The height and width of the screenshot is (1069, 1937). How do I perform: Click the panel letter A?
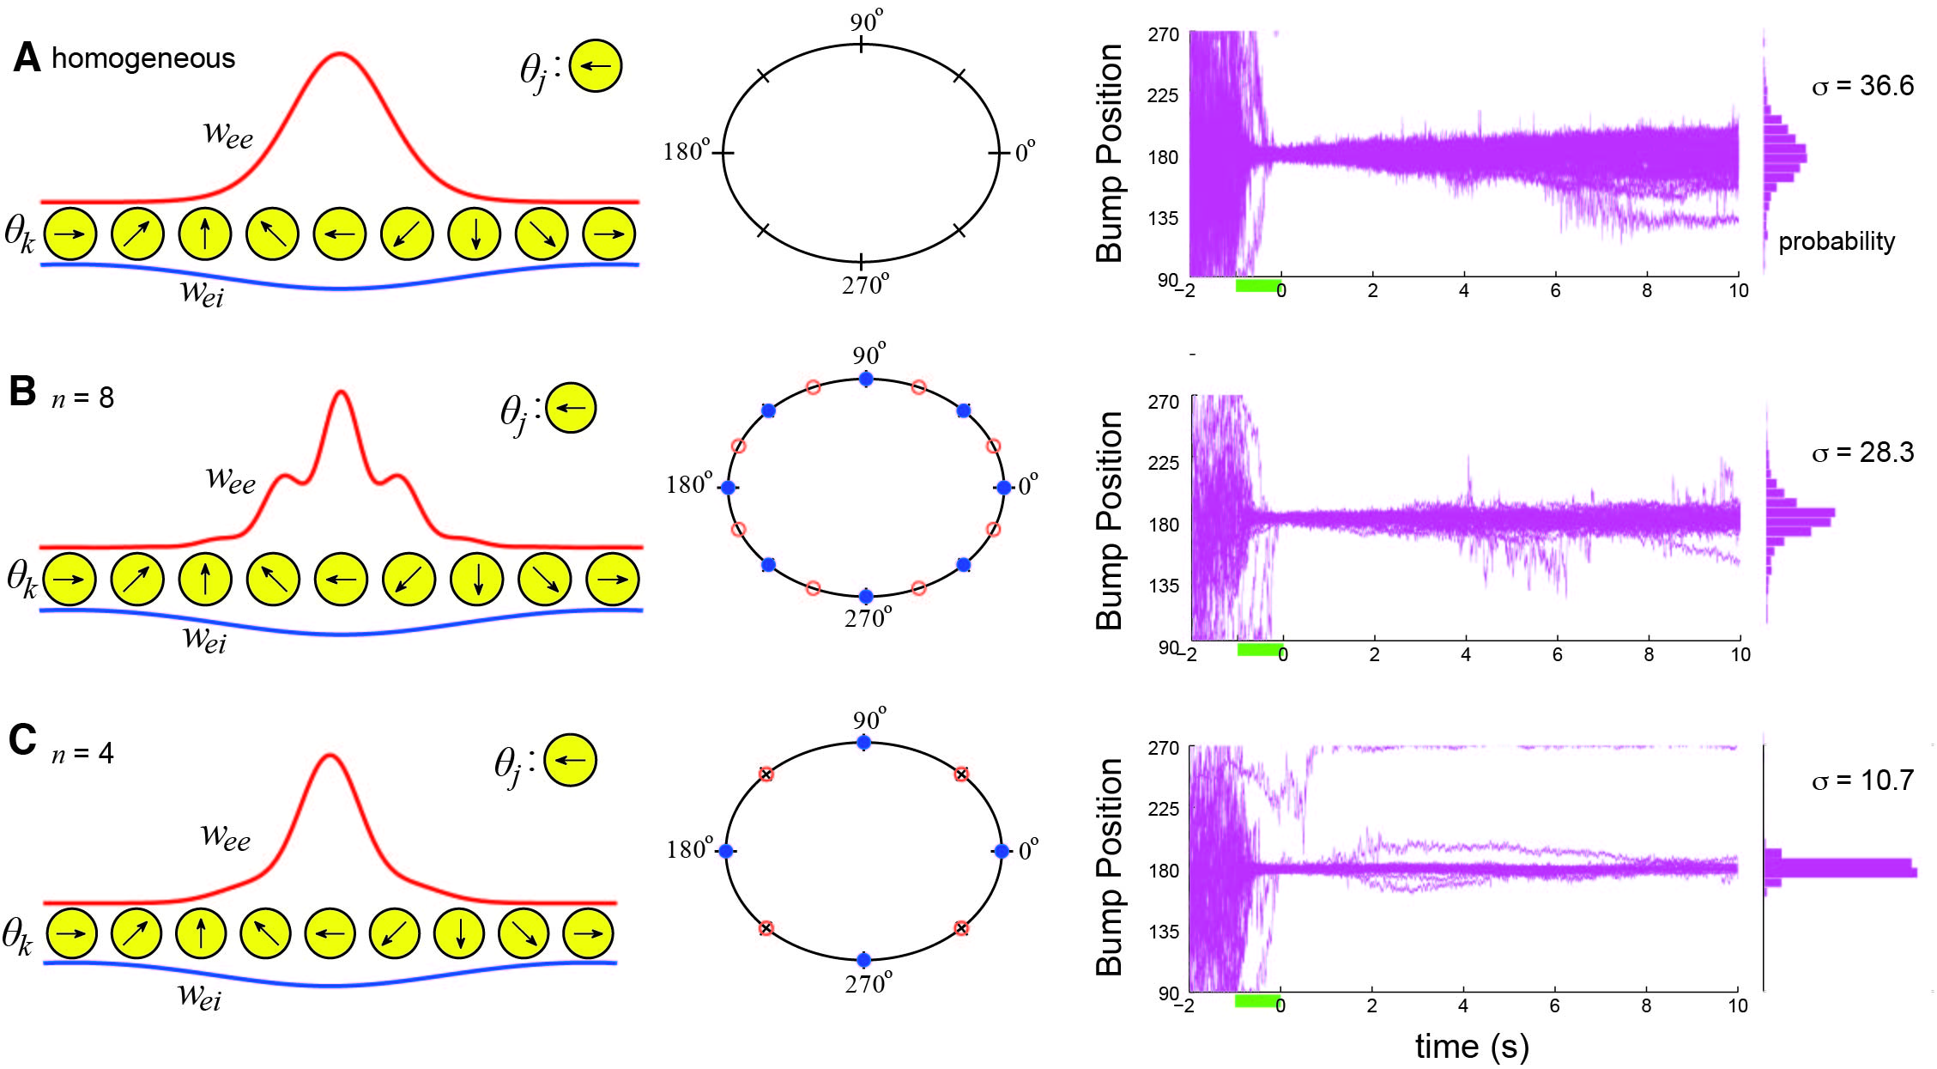[27, 58]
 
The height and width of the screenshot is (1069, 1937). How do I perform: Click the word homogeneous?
[143, 58]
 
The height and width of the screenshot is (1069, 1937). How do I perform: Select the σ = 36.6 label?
[1862, 86]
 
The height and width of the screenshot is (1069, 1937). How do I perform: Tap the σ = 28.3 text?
[1862, 453]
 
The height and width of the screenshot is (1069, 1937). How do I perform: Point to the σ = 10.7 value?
[1862, 780]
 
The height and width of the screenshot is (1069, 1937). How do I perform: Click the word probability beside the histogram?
[1837, 241]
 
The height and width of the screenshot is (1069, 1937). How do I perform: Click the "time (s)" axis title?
[1472, 1046]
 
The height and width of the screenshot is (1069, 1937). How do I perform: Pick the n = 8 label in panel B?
[82, 398]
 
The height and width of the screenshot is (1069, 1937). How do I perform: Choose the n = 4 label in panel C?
[82, 753]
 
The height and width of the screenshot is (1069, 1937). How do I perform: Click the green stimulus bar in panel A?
[1257, 285]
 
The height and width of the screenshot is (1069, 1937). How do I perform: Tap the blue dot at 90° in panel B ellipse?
[866, 379]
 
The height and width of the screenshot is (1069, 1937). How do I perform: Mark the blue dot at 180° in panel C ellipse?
[726, 851]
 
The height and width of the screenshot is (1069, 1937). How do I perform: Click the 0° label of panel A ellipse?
[1026, 152]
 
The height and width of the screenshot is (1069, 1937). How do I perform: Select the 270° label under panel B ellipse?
[868, 617]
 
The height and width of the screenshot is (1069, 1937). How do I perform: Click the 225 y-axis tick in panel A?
[1163, 95]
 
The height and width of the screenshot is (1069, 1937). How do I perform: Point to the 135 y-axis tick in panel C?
[1163, 932]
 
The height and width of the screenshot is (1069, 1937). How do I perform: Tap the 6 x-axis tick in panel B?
[1557, 654]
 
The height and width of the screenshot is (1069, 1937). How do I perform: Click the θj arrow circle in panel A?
[596, 65]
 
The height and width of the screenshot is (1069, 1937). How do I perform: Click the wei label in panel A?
[202, 294]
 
